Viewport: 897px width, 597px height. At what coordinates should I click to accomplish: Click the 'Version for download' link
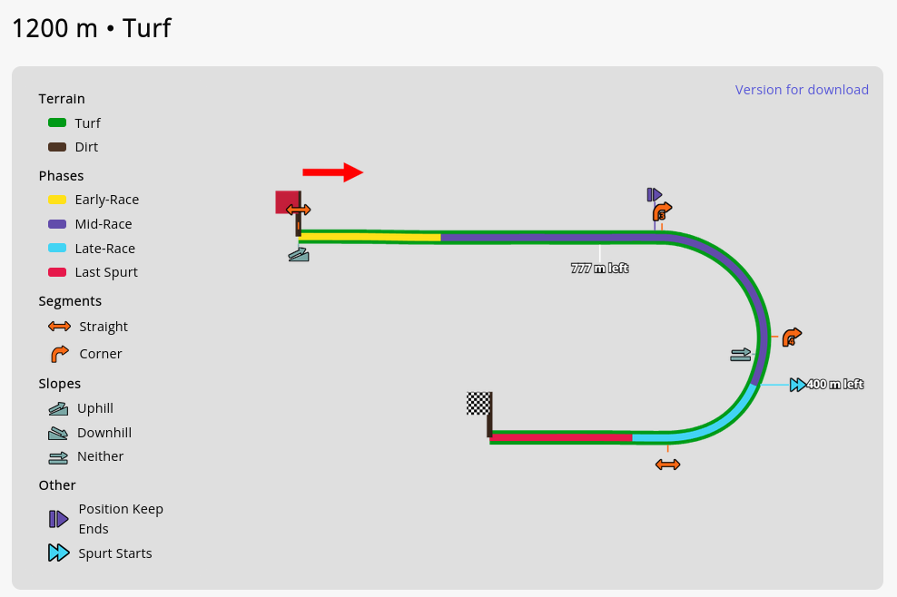click(x=802, y=90)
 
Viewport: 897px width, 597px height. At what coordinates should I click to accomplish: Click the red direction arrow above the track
click(x=332, y=172)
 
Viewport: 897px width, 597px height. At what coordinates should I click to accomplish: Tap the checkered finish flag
click(x=478, y=404)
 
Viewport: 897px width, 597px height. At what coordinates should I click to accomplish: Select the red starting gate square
click(x=287, y=201)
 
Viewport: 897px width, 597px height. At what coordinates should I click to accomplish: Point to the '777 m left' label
click(x=599, y=269)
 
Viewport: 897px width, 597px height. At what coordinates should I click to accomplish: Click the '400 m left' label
click(x=834, y=385)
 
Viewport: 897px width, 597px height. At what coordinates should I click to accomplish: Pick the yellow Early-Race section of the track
click(x=370, y=237)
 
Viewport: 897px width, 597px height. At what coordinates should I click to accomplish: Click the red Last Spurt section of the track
click(x=561, y=437)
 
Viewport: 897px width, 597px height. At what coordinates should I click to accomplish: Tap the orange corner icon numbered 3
click(x=662, y=212)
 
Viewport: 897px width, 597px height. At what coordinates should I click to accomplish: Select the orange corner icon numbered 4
click(x=792, y=338)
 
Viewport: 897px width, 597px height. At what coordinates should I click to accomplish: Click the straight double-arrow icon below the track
click(x=667, y=465)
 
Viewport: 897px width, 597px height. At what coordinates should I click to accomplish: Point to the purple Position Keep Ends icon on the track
click(x=654, y=194)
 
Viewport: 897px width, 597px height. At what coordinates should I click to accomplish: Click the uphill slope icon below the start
click(x=299, y=256)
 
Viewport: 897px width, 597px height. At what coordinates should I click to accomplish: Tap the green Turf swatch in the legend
click(x=57, y=122)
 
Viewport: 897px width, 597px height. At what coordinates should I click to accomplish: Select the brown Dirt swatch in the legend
click(x=57, y=147)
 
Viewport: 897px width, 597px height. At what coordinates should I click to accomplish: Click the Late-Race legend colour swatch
click(x=57, y=249)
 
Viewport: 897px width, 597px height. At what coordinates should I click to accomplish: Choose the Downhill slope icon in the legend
click(x=58, y=433)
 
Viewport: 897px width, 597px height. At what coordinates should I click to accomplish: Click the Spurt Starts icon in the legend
click(x=58, y=553)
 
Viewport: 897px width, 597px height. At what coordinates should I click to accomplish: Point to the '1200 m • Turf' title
click(x=92, y=28)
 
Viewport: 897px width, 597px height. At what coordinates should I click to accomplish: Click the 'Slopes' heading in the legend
click(x=60, y=384)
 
